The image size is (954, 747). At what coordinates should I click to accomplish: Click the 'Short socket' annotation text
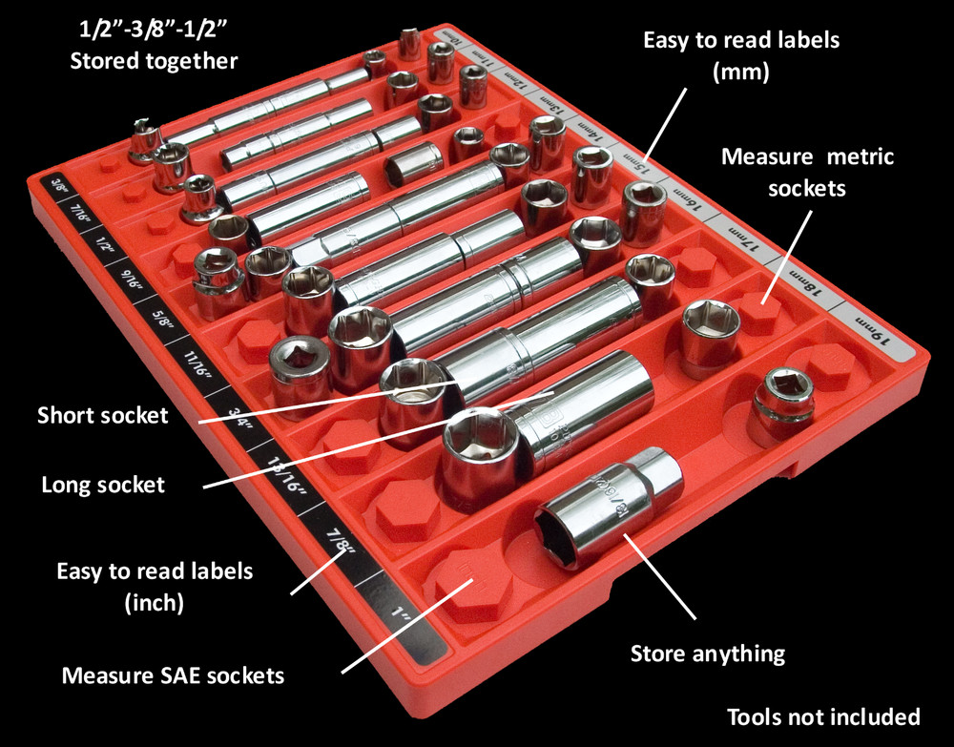coord(102,416)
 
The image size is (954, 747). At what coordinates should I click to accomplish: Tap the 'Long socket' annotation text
coord(103,485)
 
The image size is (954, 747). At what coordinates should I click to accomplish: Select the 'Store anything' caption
coord(708,654)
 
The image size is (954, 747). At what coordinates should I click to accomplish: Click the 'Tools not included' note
coord(822,716)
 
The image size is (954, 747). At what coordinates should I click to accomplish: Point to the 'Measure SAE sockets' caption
coord(173,676)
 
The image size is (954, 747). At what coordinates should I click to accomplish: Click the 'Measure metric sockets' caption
coord(807,172)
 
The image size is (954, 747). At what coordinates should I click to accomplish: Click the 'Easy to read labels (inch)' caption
coord(155,587)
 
